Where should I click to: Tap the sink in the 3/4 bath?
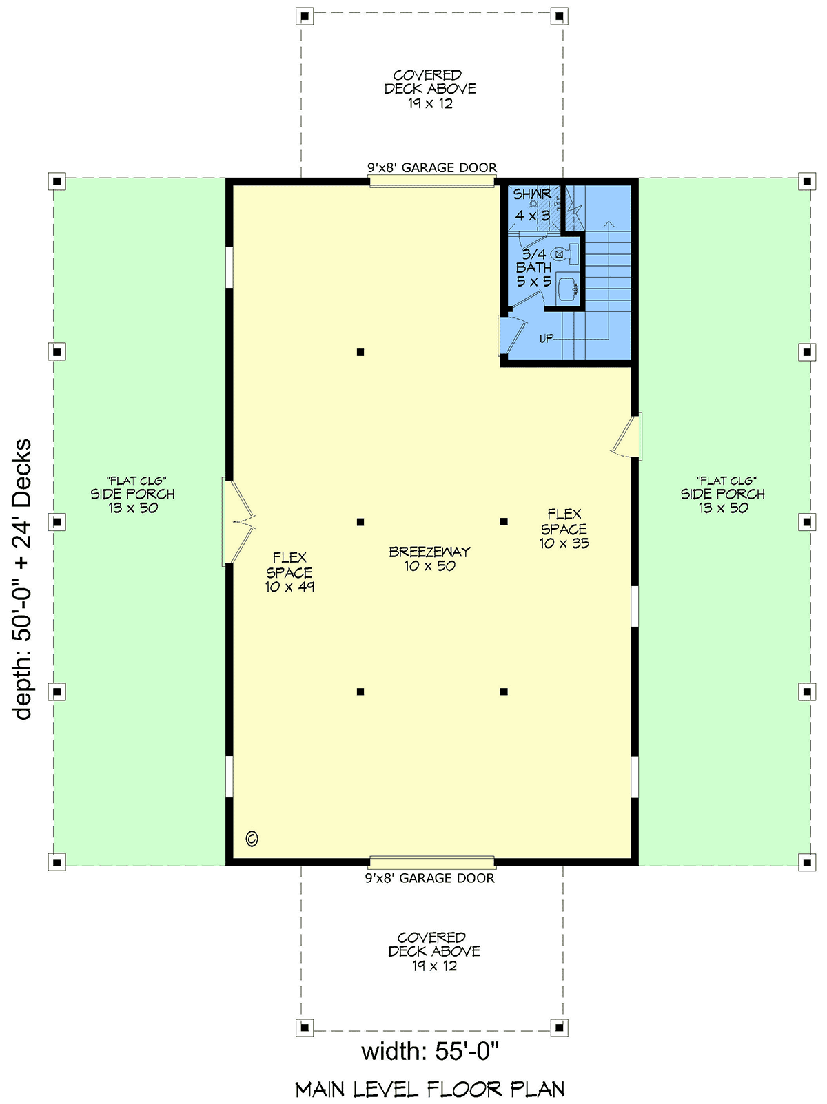pos(568,290)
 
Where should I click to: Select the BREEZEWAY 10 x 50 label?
pos(429,559)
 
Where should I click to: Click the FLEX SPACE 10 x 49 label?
pos(289,572)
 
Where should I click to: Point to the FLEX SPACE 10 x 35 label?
pos(564,529)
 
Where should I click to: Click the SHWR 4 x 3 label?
pos(532,205)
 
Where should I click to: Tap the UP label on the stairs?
pos(547,338)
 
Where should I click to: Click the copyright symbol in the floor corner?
pos(252,838)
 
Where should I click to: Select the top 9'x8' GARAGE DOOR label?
pos(432,167)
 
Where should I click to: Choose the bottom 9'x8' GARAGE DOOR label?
pos(430,878)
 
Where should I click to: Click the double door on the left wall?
pos(238,521)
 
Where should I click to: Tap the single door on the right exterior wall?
pos(627,435)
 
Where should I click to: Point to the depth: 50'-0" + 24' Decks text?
pos(23,579)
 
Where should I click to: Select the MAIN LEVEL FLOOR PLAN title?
pos(430,1090)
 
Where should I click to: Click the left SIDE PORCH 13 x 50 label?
pos(133,494)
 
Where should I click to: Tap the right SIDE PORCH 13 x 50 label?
pos(724,494)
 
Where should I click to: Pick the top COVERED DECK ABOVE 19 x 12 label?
pos(430,89)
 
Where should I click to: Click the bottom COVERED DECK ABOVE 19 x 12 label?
pos(434,952)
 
